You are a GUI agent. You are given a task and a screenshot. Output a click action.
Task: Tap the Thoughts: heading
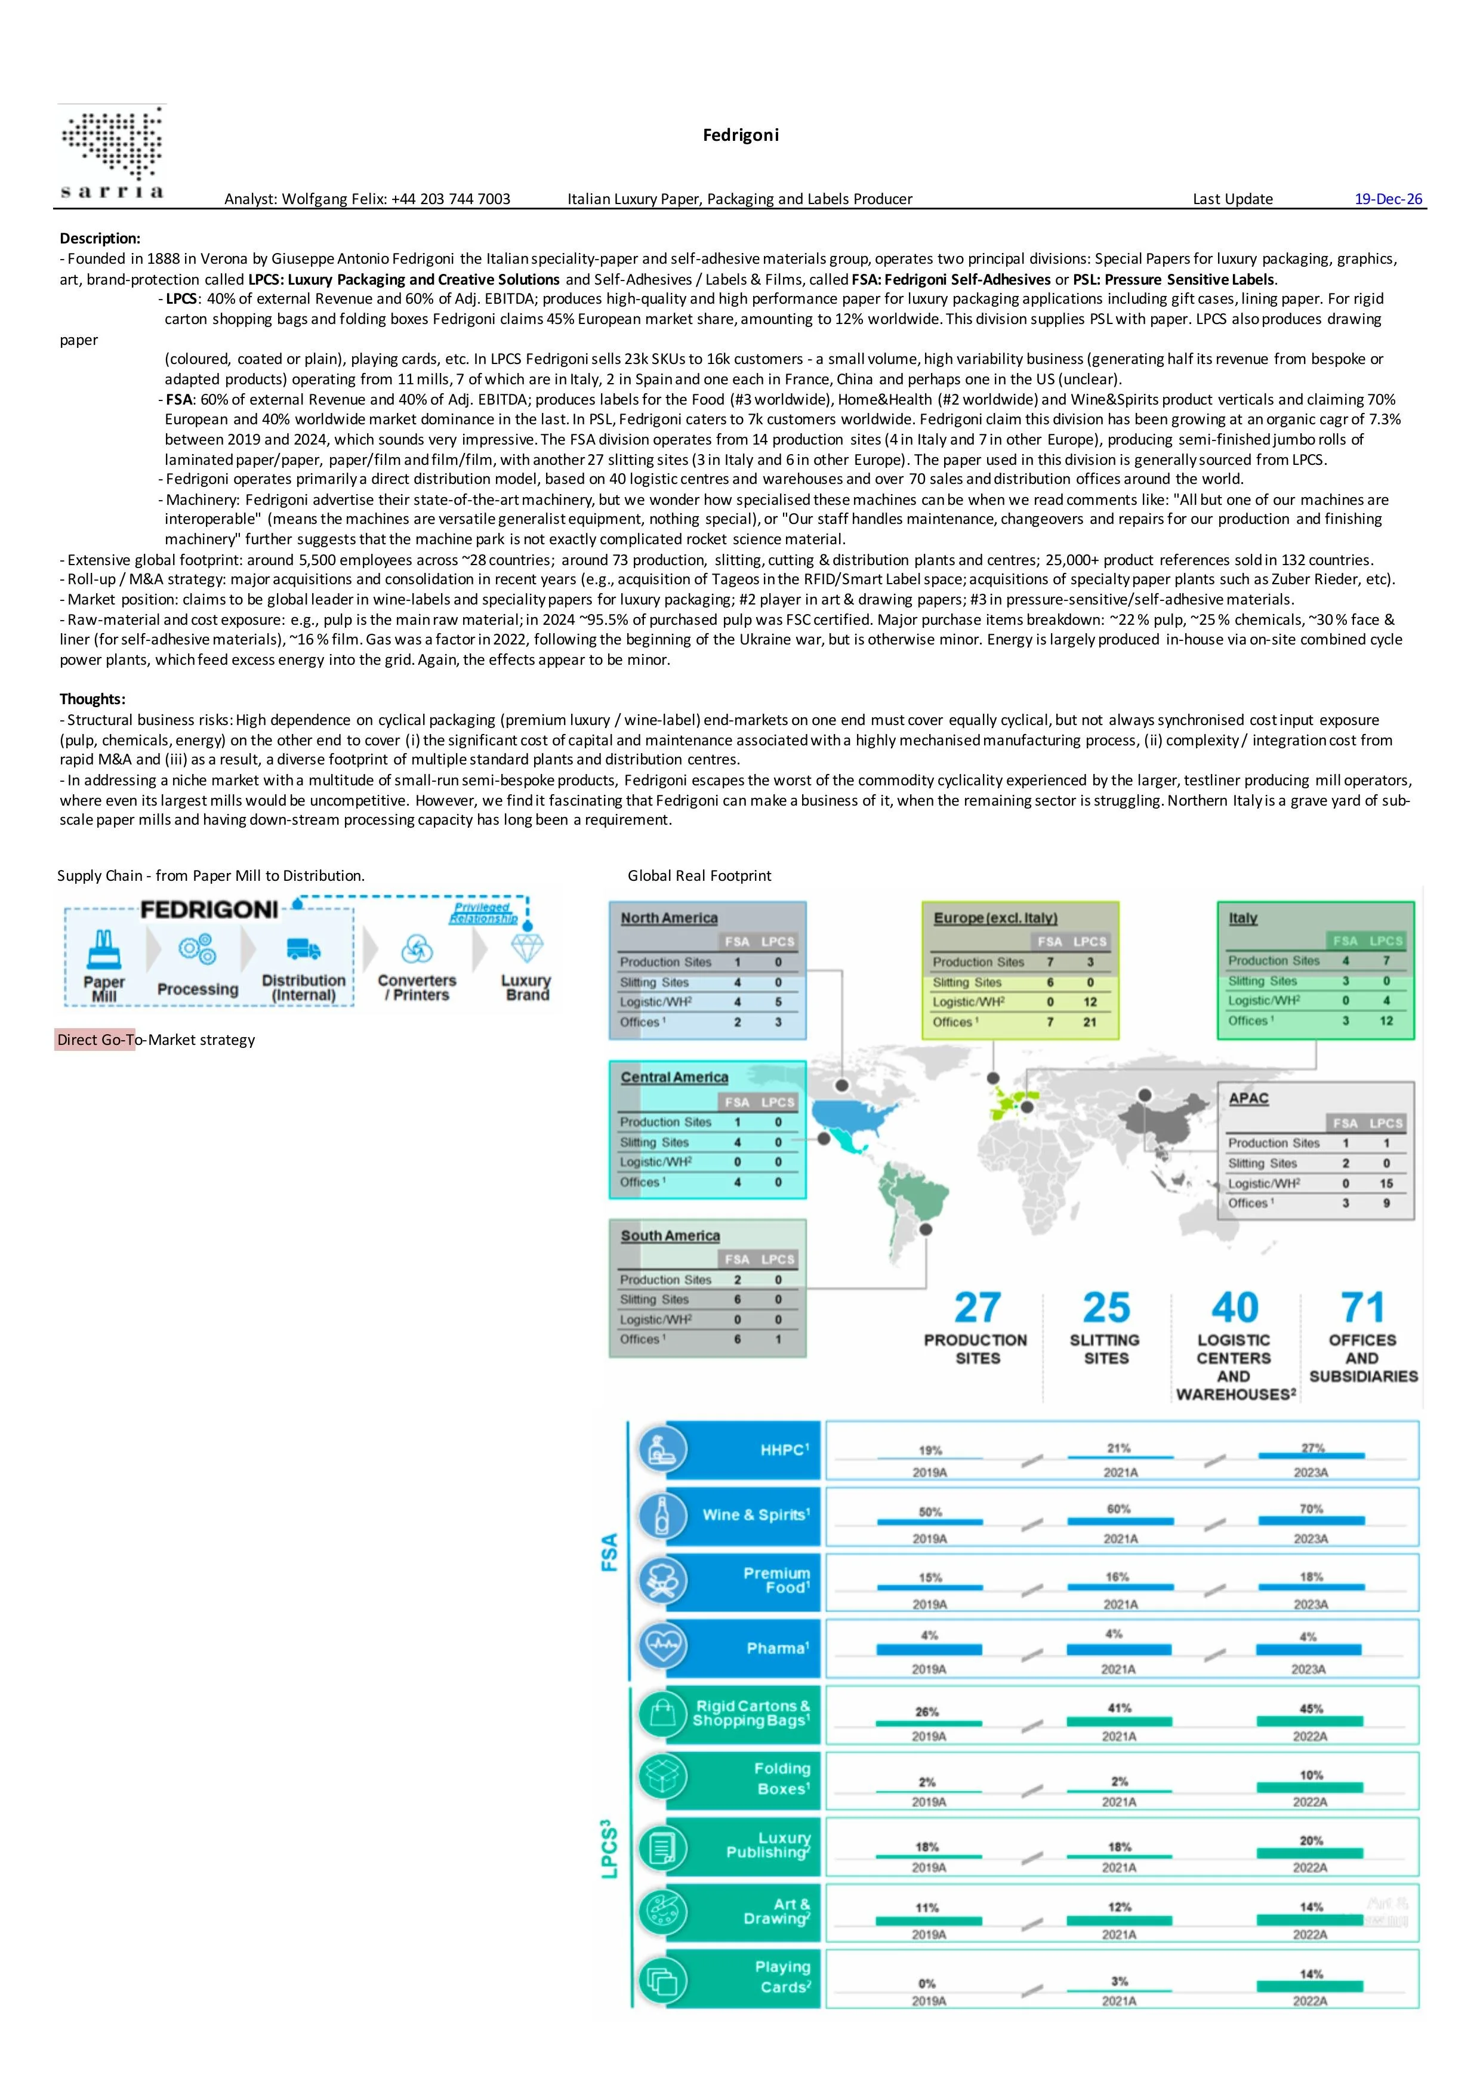click(92, 699)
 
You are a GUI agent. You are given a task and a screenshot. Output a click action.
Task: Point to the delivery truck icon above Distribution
click(303, 949)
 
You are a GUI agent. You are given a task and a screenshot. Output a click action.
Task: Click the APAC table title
click(1248, 1098)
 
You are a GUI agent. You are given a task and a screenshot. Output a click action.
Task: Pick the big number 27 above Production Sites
click(977, 1308)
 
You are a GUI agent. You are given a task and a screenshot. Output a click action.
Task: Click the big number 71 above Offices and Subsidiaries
click(1362, 1308)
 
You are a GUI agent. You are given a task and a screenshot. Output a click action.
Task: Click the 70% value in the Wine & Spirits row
click(1311, 1509)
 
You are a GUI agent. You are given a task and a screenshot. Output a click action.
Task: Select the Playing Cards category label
click(782, 1976)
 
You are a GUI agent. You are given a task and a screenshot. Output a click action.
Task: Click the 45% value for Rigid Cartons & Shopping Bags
click(1311, 1709)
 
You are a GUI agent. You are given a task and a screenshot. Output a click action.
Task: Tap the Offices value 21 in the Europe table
click(1090, 1022)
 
